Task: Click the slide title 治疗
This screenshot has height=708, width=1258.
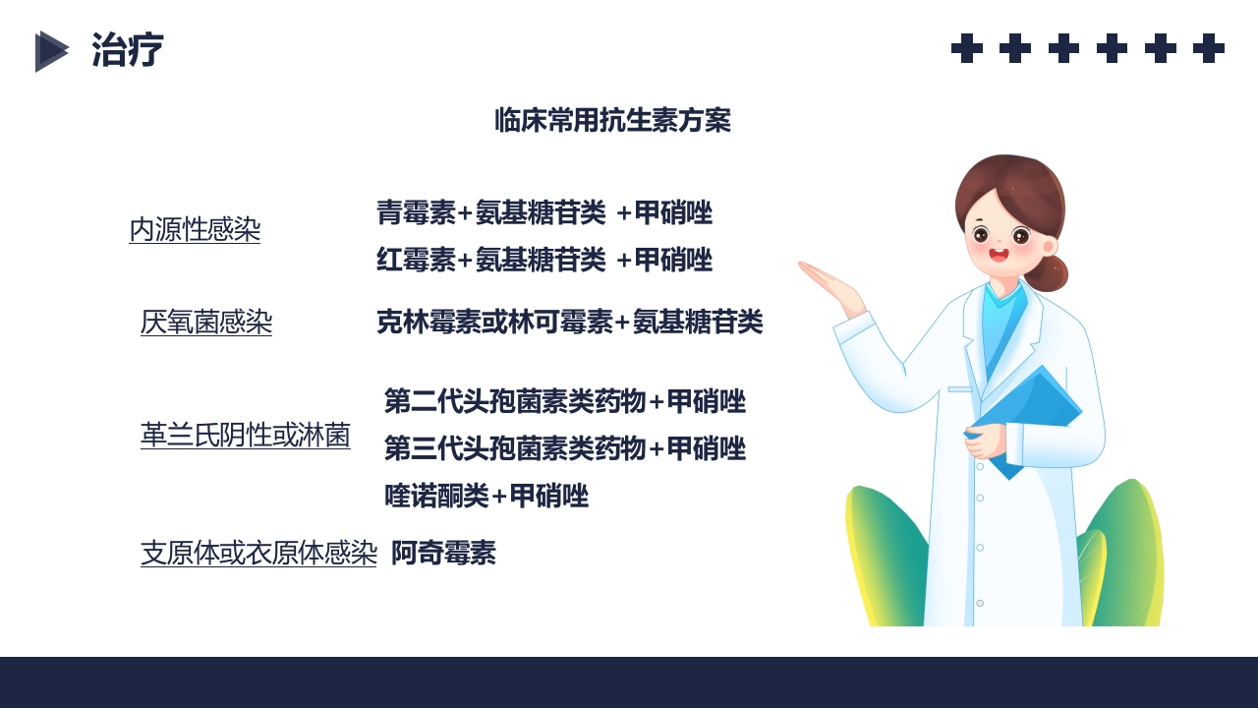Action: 127,50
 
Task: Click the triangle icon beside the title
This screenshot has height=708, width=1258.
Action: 51,51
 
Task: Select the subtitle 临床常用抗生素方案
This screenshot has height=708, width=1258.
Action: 612,121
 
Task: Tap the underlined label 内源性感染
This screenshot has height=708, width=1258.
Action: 195,230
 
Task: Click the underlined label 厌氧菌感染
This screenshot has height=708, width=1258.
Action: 206,323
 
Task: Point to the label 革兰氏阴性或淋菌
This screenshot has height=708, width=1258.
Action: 246,435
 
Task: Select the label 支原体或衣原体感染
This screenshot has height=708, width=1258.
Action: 258,553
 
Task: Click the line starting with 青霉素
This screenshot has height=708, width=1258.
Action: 543,212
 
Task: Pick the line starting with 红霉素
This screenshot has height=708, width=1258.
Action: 543,261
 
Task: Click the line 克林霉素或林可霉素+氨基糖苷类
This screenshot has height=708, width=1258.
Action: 569,322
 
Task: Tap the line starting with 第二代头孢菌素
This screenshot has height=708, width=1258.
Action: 564,401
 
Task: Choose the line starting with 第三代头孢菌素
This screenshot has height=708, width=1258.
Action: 564,449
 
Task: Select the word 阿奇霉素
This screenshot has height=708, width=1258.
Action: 443,554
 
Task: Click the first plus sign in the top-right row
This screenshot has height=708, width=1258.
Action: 967,48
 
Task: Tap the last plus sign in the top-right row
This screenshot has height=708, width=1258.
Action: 1208,48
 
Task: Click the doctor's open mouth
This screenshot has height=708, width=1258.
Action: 999,256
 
